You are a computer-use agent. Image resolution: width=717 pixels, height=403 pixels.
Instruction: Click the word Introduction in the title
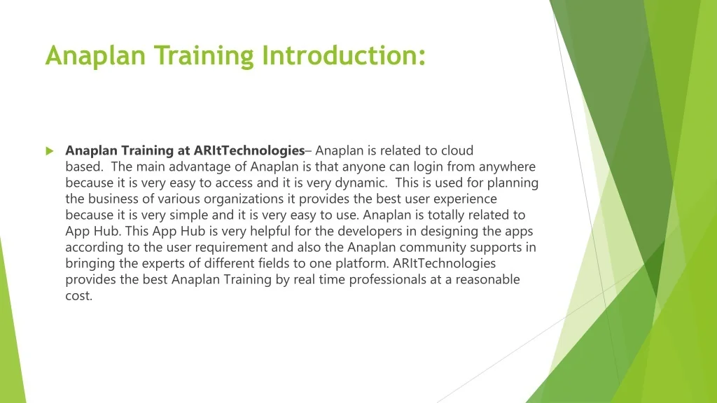tap(343, 55)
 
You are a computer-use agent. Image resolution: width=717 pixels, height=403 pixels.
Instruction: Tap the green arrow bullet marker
tap(50, 150)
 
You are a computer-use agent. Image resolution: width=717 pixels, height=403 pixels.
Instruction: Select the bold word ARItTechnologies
tap(250, 150)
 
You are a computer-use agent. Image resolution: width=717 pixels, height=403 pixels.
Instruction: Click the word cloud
tap(457, 150)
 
